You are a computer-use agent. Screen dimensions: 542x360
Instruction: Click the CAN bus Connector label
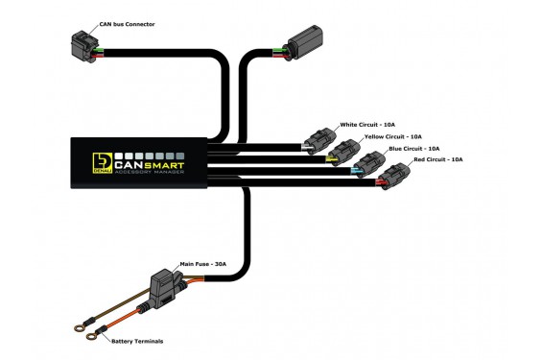coord(127,24)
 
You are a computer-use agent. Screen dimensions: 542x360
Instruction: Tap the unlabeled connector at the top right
coord(303,42)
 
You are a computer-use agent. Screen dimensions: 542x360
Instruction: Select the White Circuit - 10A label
coord(367,125)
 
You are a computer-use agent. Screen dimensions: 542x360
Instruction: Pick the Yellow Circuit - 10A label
coord(393,136)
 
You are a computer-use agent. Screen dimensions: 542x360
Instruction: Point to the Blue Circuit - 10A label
coord(414,149)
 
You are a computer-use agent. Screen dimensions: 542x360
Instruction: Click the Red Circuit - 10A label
coord(438,159)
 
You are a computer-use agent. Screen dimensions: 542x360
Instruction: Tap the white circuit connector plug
coord(319,141)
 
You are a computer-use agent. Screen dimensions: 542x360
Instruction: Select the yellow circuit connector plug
coord(344,153)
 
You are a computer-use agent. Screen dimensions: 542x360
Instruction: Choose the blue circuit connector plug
coord(368,164)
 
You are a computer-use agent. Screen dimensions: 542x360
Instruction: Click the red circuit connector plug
coord(393,177)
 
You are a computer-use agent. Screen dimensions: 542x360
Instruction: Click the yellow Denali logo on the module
coord(102,163)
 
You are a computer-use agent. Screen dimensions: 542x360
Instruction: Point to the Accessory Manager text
coord(150,172)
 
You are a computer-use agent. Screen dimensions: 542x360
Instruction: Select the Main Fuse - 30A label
coord(203,264)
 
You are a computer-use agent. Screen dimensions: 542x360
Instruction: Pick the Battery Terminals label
coord(137,342)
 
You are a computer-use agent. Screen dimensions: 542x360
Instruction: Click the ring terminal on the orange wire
coord(92,334)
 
